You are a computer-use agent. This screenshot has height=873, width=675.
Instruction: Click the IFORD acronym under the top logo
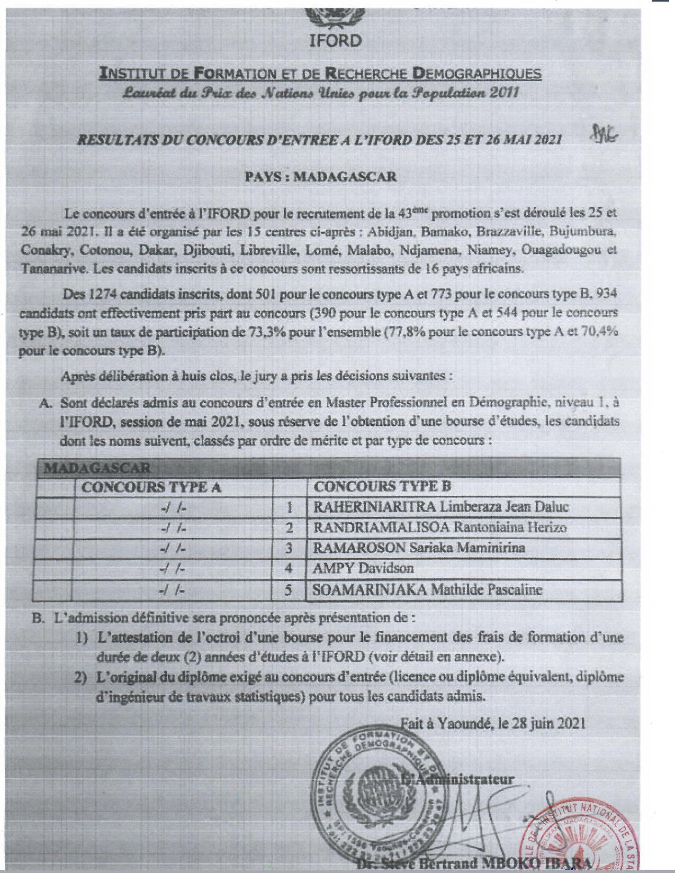[335, 40]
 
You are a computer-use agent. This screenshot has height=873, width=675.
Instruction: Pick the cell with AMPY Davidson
[363, 568]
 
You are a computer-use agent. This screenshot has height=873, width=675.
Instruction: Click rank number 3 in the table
[289, 548]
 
